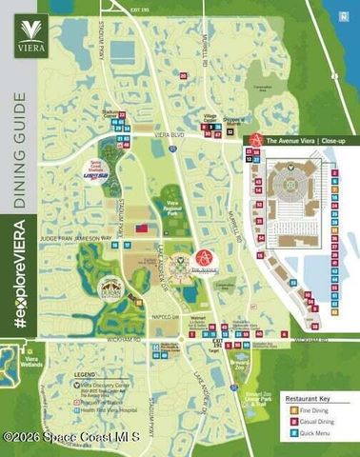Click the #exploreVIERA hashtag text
tap(20, 276)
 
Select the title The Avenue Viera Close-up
tap(305, 140)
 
